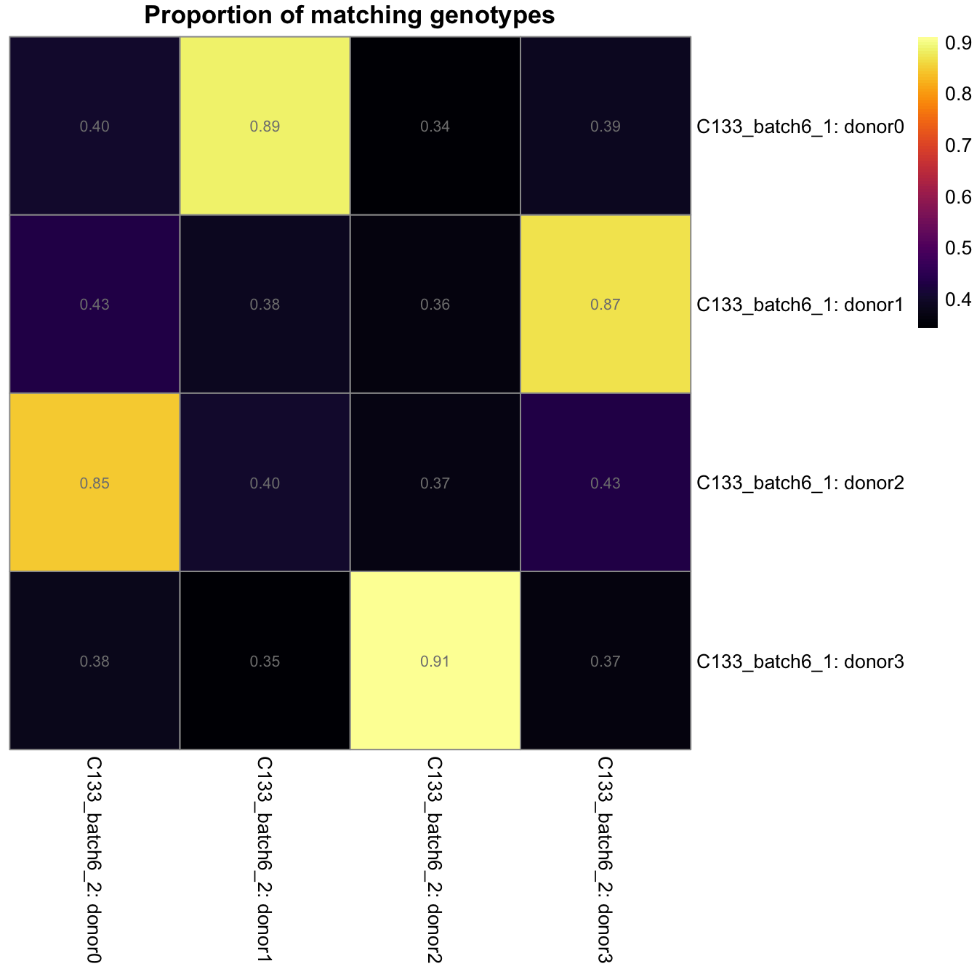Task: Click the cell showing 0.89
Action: (x=265, y=126)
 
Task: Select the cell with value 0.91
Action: (x=435, y=662)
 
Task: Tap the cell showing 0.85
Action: (x=95, y=483)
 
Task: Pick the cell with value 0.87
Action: (x=605, y=305)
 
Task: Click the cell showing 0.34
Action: (x=435, y=126)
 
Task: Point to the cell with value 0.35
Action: (x=265, y=662)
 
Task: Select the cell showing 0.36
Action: (x=435, y=305)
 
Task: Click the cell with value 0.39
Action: (x=605, y=126)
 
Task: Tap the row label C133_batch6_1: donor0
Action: (x=800, y=127)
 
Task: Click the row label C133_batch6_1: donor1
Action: (x=800, y=305)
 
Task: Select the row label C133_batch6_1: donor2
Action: (x=800, y=483)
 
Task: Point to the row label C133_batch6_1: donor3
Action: (x=800, y=662)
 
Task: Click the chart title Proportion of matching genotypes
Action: (x=349, y=15)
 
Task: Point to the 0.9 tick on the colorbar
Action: (x=957, y=44)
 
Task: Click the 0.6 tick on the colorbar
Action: (x=957, y=197)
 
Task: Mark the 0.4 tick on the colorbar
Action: (x=957, y=299)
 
